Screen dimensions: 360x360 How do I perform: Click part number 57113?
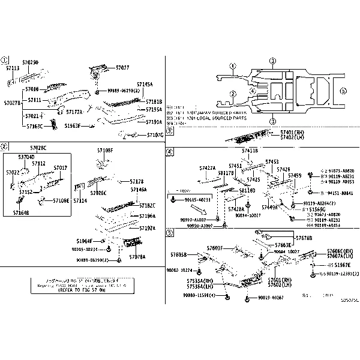13,69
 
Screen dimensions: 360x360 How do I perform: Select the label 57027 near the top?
122,68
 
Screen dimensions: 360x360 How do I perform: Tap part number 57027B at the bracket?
12,103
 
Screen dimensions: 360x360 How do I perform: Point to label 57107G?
155,135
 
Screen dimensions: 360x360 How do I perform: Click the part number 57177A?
74,112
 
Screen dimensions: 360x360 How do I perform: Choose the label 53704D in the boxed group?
26,157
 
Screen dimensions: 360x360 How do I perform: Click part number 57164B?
21,212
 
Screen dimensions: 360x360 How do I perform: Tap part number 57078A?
137,257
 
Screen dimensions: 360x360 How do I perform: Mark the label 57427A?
208,168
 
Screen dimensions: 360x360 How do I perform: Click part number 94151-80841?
340,194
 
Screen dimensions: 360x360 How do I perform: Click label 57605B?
179,254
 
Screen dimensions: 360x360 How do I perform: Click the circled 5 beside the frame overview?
343,91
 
